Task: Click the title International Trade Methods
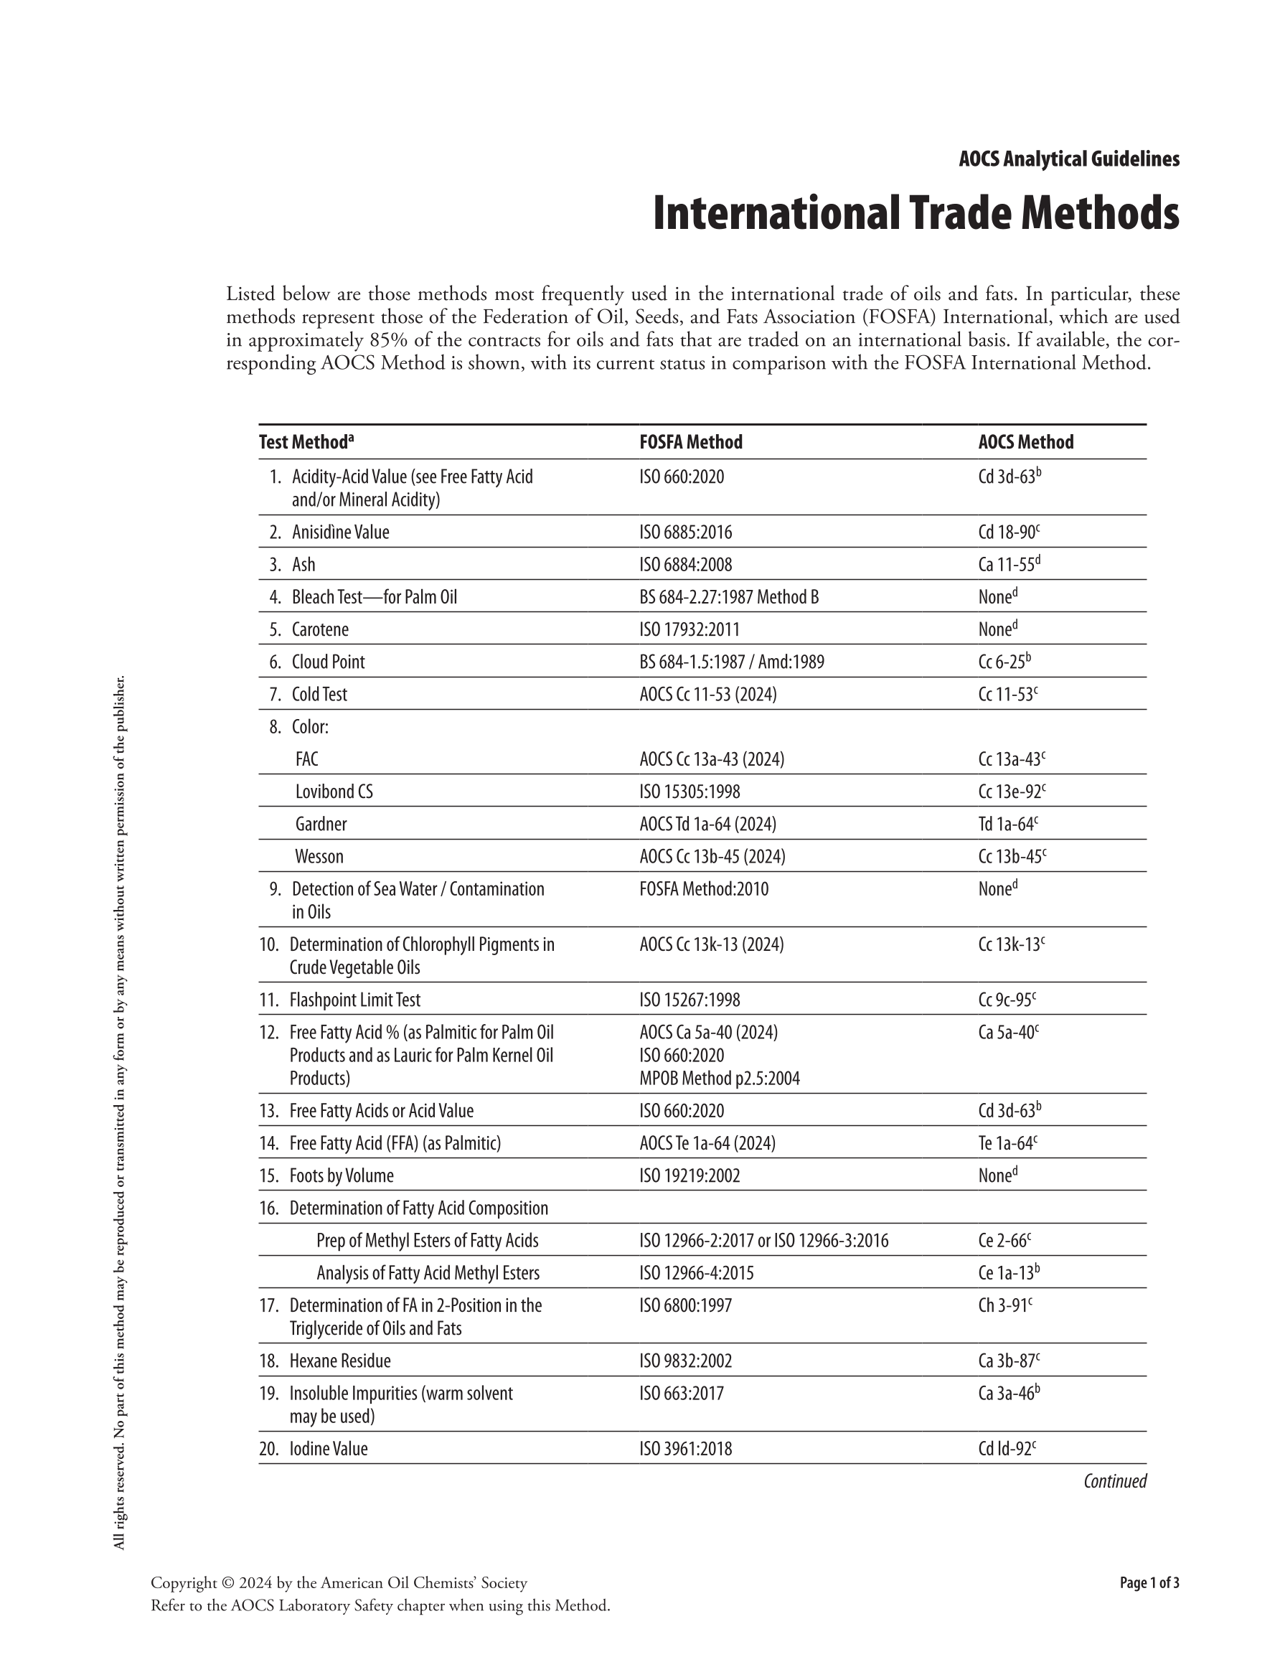(x=915, y=214)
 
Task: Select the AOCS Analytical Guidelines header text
(x=1068, y=159)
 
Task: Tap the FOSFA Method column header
(x=690, y=442)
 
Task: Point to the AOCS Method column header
(x=1025, y=442)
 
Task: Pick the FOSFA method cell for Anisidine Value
(x=685, y=532)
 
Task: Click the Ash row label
(x=303, y=565)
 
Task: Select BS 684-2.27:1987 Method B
(x=728, y=597)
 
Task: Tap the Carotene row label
(x=320, y=630)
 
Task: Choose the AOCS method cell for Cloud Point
(x=1004, y=662)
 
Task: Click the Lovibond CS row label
(x=334, y=792)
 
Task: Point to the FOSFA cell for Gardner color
(x=707, y=824)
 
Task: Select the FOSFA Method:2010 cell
(x=703, y=889)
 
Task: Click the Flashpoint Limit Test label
(x=354, y=1000)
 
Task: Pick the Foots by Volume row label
(x=342, y=1176)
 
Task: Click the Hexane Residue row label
(x=340, y=1361)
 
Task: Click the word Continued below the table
(x=1114, y=1481)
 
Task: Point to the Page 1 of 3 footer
(x=1149, y=1582)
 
